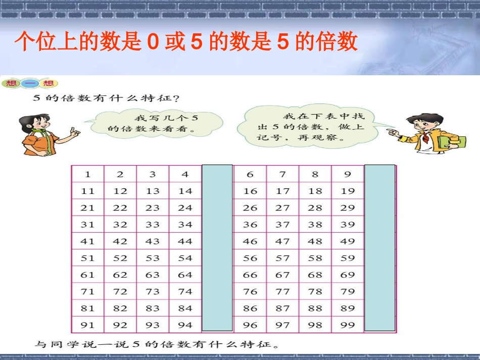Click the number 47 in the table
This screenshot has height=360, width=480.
point(282,241)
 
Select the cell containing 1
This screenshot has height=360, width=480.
point(88,175)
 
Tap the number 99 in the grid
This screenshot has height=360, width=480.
point(348,325)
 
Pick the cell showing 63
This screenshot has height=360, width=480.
point(153,275)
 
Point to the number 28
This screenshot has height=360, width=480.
point(315,208)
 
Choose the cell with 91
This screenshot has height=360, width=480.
point(88,325)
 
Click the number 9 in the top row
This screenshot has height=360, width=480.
point(348,175)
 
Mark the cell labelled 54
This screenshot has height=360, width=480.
point(185,258)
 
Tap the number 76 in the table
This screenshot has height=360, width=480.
point(250,292)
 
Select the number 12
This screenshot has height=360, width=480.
point(120,191)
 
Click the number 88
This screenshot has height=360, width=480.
point(315,308)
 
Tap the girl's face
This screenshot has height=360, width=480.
point(36,123)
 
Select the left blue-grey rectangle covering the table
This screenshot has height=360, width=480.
point(217,247)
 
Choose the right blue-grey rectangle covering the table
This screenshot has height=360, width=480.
point(380,247)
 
